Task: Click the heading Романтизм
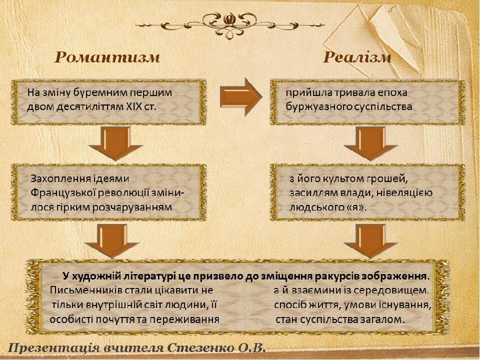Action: pos(107,57)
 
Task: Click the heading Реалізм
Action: pos(357,57)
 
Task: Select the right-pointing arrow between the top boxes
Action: pos(241,97)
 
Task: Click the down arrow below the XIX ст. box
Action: pos(115,144)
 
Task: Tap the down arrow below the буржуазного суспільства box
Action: pos(370,144)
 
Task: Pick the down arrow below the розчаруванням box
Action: pos(112,241)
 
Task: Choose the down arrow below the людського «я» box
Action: pos(370,241)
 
